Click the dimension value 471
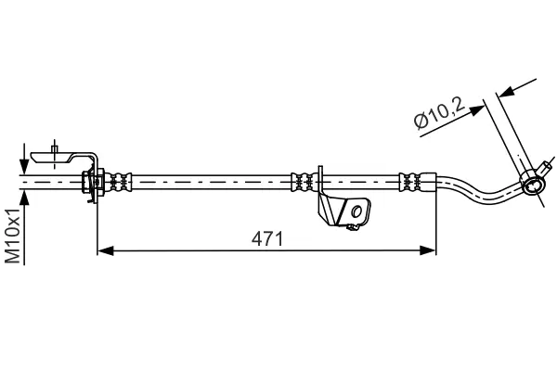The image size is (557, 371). [266, 238]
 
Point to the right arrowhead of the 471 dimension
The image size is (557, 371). [429, 249]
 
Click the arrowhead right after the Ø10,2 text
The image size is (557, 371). [480, 109]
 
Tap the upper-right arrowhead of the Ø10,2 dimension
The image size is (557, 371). [503, 91]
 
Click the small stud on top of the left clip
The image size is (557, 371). [56, 147]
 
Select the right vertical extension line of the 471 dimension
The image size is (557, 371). [435, 223]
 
